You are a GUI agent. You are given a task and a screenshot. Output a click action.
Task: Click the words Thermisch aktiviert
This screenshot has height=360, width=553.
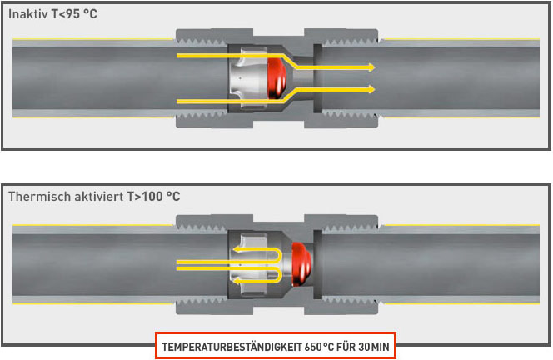(x=62, y=197)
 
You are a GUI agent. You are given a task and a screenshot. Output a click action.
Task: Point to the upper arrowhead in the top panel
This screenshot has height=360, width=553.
(x=371, y=67)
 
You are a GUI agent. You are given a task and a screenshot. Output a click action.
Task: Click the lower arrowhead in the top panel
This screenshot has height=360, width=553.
(x=371, y=91)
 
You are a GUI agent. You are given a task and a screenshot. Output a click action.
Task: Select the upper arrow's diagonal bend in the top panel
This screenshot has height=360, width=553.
(x=291, y=62)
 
